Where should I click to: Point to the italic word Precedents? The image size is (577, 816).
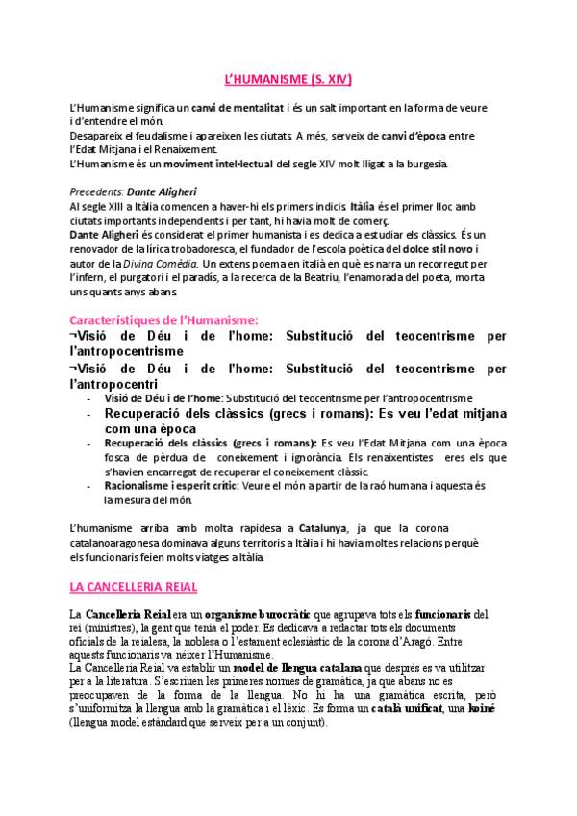pyautogui.click(x=97, y=191)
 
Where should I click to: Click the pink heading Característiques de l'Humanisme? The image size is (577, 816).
pyautogui.click(x=164, y=319)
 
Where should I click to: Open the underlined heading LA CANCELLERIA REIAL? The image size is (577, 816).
pyautogui.click(x=134, y=585)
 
